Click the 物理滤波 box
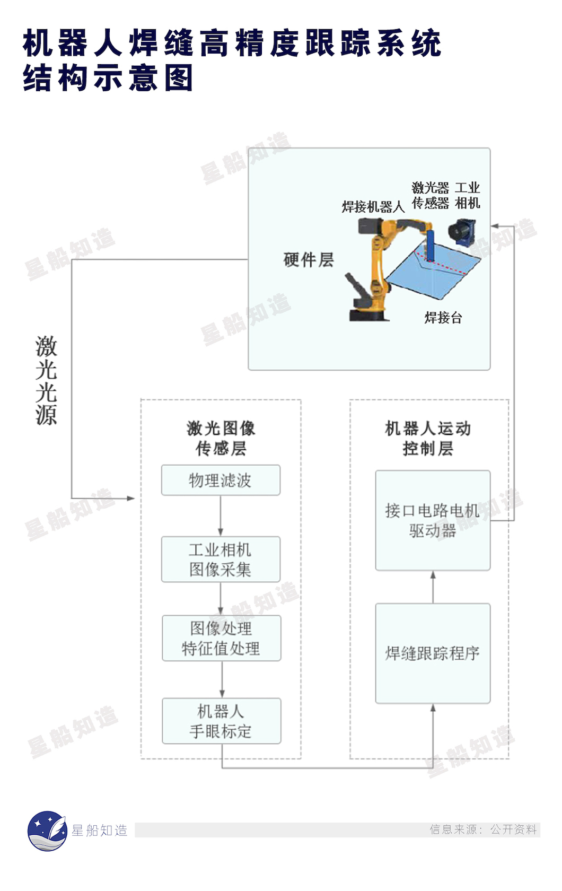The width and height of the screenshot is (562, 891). tap(221, 481)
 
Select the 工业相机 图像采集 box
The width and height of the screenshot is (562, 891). tap(221, 560)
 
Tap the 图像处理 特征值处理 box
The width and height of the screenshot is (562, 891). tap(221, 638)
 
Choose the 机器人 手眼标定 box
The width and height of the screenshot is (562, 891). tap(221, 721)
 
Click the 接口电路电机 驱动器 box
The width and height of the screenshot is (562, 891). tap(433, 520)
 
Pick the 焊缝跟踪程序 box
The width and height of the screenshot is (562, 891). tap(433, 653)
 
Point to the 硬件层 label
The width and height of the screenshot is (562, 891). tap(309, 260)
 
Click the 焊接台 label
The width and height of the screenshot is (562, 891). tap(443, 318)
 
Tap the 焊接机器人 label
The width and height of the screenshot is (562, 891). tap(373, 207)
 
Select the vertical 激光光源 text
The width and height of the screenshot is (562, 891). tap(47, 380)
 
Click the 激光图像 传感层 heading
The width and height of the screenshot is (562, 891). tap(221, 438)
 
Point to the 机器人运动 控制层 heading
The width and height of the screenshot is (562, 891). tap(428, 438)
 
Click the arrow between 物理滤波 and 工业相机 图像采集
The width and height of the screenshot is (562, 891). tap(221, 516)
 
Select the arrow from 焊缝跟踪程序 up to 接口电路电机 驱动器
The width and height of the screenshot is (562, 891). tap(433, 587)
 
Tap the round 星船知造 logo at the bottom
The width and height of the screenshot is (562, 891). tap(47, 831)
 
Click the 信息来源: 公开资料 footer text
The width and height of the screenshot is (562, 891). tap(483, 829)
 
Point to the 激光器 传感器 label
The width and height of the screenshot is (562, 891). tap(430, 195)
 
